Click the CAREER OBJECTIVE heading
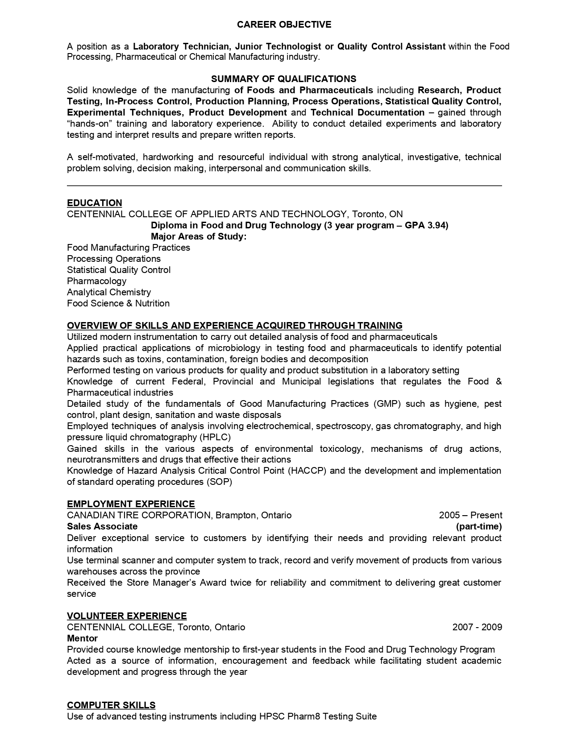click(284, 24)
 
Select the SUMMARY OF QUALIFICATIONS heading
click(284, 79)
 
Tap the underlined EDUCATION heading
click(94, 203)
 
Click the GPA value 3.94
click(435, 225)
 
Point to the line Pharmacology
click(96, 281)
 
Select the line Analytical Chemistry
click(109, 292)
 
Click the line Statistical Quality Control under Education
click(119, 270)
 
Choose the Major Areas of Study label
click(199, 236)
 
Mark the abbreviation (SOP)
click(219, 482)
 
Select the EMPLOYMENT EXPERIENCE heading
click(131, 504)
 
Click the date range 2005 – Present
click(470, 515)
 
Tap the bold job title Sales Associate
click(102, 526)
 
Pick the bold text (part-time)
click(479, 526)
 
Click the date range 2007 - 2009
click(477, 627)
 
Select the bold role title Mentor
click(82, 638)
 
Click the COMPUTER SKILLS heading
click(111, 705)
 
